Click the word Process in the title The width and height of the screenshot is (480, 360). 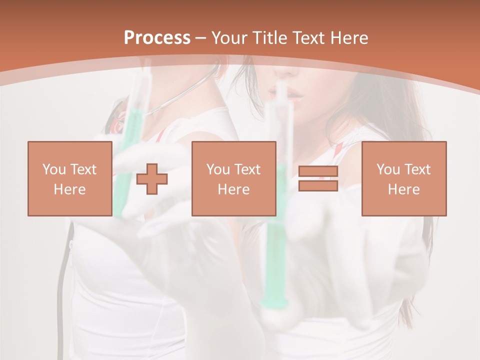click(157, 38)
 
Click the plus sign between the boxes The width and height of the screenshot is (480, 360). click(152, 179)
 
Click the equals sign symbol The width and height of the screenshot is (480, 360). click(318, 179)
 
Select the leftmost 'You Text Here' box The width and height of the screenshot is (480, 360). click(69, 178)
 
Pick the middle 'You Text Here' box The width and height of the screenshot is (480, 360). click(233, 178)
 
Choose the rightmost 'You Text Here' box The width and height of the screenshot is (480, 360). click(403, 178)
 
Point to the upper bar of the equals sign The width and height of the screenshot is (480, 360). click(318, 171)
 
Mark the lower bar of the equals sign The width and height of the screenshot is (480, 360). click(318, 186)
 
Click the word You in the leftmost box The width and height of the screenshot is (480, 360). click(53, 169)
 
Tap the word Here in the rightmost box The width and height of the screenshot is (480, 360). click(403, 189)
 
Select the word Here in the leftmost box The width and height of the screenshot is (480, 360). click(69, 189)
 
